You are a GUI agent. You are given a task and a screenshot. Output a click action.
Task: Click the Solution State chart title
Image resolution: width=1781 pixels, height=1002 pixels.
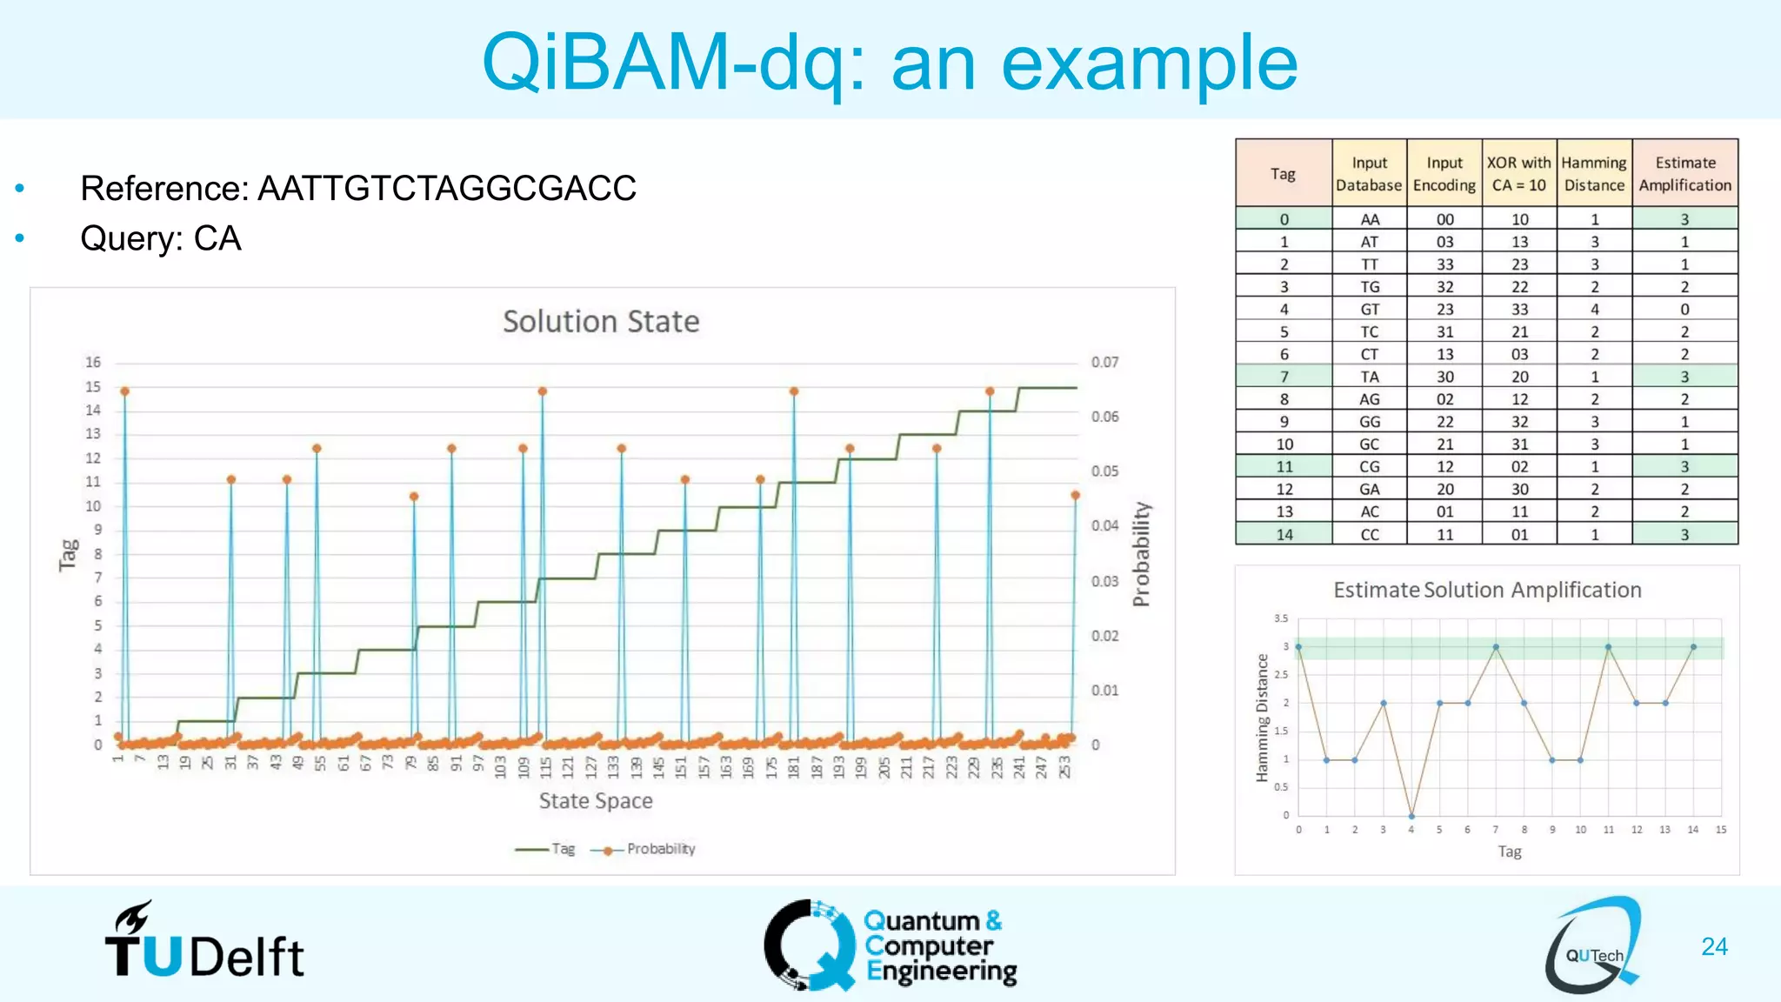click(601, 322)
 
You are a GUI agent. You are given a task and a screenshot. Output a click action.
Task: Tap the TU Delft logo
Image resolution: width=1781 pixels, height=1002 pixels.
click(204, 944)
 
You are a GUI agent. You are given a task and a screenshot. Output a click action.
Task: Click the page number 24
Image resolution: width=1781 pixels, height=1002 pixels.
click(1714, 946)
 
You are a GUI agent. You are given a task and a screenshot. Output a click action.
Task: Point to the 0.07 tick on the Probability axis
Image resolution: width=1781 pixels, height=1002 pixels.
click(1104, 363)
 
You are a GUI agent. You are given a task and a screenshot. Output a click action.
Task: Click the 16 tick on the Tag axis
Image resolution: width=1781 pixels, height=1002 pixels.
click(93, 363)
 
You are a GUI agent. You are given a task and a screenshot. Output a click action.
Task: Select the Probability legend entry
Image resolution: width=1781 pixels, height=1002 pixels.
click(660, 849)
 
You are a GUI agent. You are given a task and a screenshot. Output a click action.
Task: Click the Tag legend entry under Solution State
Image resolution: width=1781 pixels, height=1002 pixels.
click(562, 849)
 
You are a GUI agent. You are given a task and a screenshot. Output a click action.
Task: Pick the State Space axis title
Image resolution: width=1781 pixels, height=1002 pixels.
click(596, 801)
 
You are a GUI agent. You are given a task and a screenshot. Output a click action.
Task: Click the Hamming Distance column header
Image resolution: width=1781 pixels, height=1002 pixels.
click(1594, 174)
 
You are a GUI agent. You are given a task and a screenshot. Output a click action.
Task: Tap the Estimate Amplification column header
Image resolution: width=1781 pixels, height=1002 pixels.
click(1684, 174)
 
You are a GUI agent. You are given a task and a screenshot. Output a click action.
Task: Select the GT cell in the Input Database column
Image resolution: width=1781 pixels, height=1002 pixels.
click(1370, 310)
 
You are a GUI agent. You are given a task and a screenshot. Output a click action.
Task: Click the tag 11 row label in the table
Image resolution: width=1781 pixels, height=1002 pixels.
click(1284, 467)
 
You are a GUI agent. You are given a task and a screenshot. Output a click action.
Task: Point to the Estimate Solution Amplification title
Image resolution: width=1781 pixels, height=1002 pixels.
click(1487, 591)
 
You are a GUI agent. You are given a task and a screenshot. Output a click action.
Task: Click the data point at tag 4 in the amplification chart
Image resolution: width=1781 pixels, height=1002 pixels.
click(1411, 816)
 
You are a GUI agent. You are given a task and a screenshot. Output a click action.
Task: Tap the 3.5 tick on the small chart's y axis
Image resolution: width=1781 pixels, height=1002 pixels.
click(1281, 618)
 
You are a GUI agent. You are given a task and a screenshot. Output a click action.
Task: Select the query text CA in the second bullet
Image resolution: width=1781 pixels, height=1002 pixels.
click(217, 238)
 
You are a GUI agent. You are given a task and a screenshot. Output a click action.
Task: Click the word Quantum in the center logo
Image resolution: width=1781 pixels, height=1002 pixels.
click(922, 920)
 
